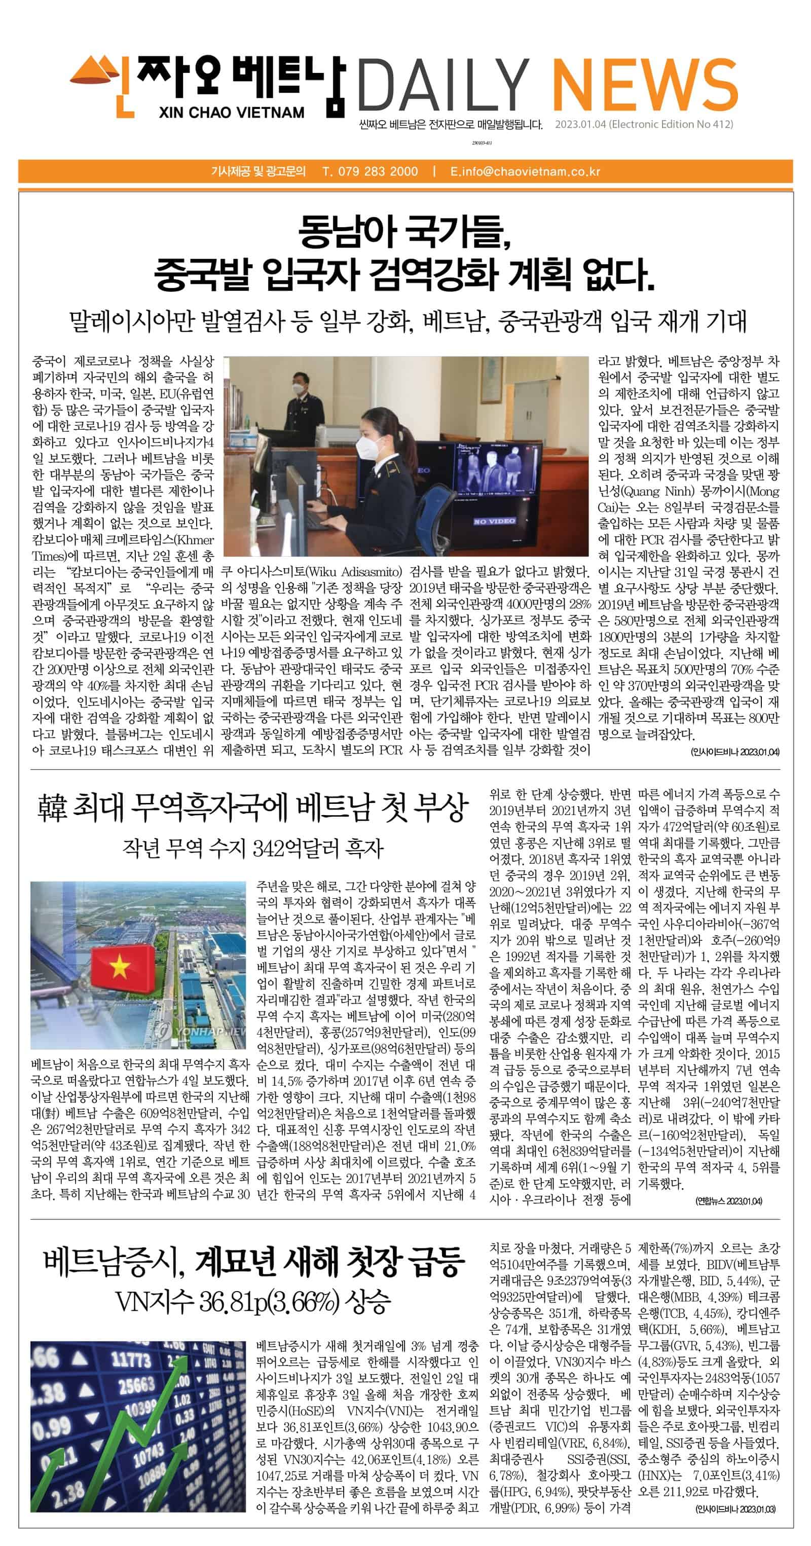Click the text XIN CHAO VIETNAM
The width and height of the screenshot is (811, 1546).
pos(232,112)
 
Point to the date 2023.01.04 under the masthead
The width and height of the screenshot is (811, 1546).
pos(580,125)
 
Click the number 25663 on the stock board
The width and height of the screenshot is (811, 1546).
pos(136,1386)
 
